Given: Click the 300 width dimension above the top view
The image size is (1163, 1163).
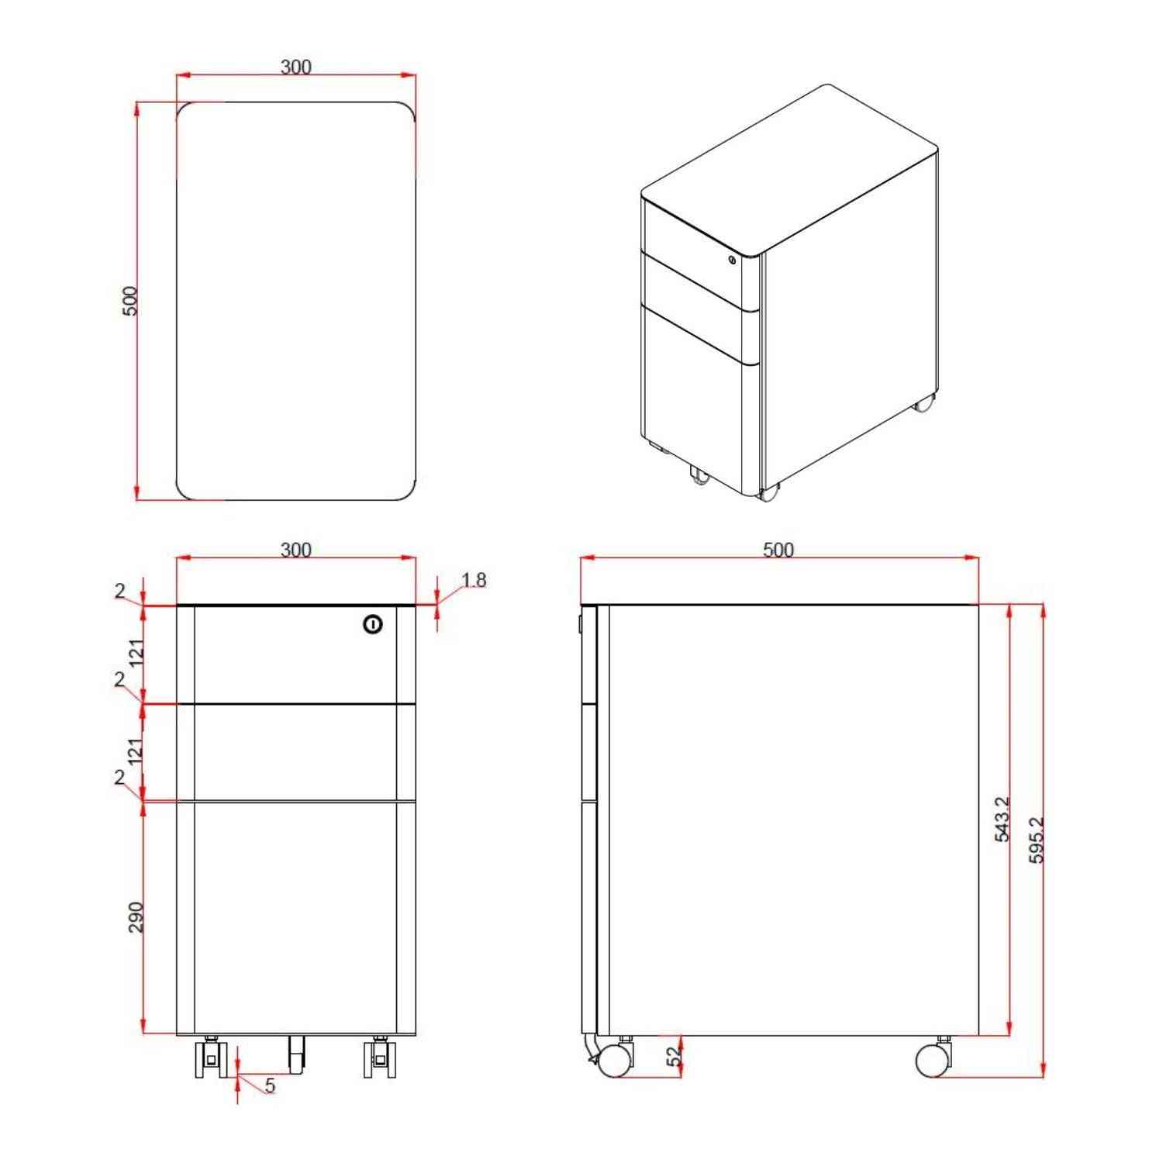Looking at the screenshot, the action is point(295,67).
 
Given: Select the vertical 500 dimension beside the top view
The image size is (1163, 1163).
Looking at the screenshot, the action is point(130,301).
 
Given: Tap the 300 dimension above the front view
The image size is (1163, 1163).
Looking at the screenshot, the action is point(295,550).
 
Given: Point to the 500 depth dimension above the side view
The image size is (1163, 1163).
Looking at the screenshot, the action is point(778,550).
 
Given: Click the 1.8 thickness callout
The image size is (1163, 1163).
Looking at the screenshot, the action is point(474,580).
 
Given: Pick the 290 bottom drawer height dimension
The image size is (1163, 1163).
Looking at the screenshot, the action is point(136,916).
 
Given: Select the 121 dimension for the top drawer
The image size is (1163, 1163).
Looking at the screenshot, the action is point(136,653).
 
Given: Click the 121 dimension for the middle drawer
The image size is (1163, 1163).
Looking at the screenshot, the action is point(136,752).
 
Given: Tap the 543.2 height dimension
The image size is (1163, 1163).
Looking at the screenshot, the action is point(1002,819).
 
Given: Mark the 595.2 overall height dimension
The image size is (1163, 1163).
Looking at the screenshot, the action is point(1037,839).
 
